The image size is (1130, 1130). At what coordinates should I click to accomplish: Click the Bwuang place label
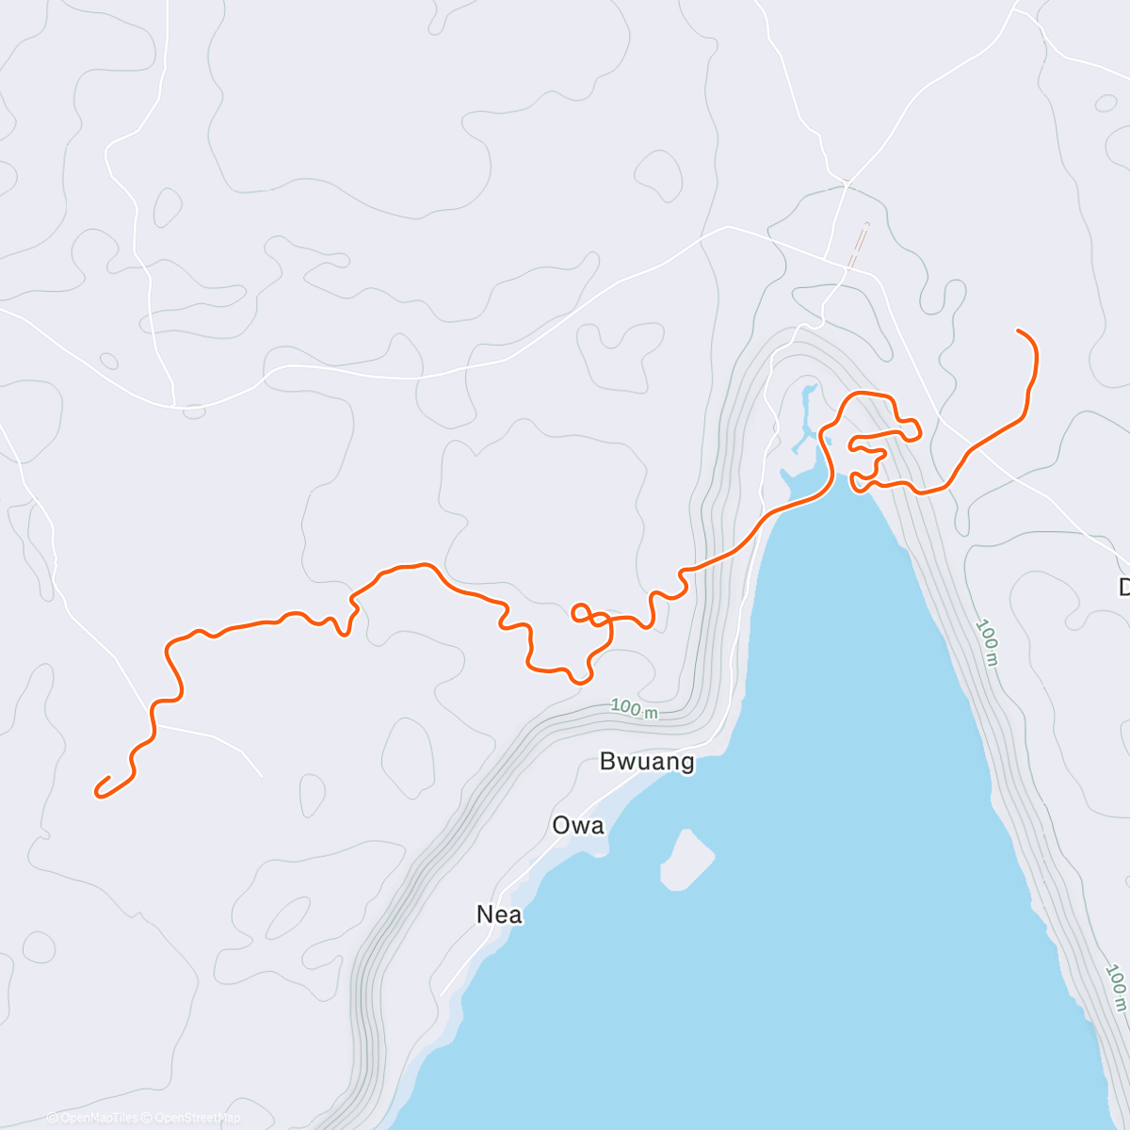647,762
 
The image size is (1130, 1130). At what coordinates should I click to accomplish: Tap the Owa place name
577,826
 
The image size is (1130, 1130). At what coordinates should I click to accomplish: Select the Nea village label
499,914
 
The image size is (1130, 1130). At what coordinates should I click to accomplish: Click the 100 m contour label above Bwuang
634,708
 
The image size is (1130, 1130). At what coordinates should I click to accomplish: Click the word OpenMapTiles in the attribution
99,1118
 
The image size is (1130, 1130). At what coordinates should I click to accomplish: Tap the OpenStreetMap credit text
197,1118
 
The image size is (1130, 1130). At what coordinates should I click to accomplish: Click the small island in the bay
686,859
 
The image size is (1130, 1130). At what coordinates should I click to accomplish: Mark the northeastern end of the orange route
1019,331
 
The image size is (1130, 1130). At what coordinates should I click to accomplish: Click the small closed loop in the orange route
581,613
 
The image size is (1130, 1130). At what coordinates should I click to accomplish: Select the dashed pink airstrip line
858,247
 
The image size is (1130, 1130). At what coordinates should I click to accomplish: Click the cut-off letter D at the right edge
1123,588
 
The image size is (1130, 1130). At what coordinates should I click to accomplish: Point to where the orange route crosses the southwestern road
153,726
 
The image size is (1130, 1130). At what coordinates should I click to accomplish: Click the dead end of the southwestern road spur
261,775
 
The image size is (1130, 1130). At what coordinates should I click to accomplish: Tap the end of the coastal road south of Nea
441,994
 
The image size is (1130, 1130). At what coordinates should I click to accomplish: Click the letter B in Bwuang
608,762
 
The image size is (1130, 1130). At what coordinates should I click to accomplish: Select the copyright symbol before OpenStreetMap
149,1118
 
